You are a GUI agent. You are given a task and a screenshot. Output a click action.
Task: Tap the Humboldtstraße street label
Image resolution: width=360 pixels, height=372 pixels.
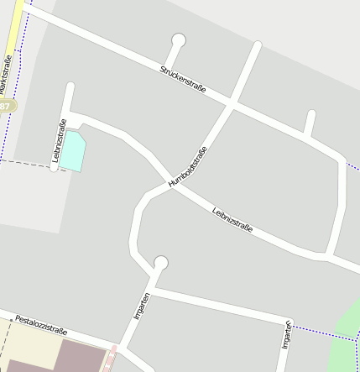pos(187,166)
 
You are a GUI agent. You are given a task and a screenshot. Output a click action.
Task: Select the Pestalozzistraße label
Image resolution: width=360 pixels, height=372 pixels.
pos(41,325)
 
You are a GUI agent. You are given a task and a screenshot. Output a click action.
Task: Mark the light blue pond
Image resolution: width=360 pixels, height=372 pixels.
pos(73,150)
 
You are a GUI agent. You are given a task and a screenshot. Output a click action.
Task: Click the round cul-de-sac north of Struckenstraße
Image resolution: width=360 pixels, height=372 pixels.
pos(178,39)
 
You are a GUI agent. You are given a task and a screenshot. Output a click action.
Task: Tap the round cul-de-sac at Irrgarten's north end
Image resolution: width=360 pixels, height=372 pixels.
pos(161,263)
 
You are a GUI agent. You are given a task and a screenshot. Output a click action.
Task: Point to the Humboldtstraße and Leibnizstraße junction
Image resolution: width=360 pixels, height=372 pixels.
pos(172,185)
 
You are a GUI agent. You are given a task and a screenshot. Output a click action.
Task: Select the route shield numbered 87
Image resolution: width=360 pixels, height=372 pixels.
pos(6,107)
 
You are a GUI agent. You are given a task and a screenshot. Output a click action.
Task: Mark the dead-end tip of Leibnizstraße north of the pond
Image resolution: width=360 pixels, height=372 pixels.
pos(70,86)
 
